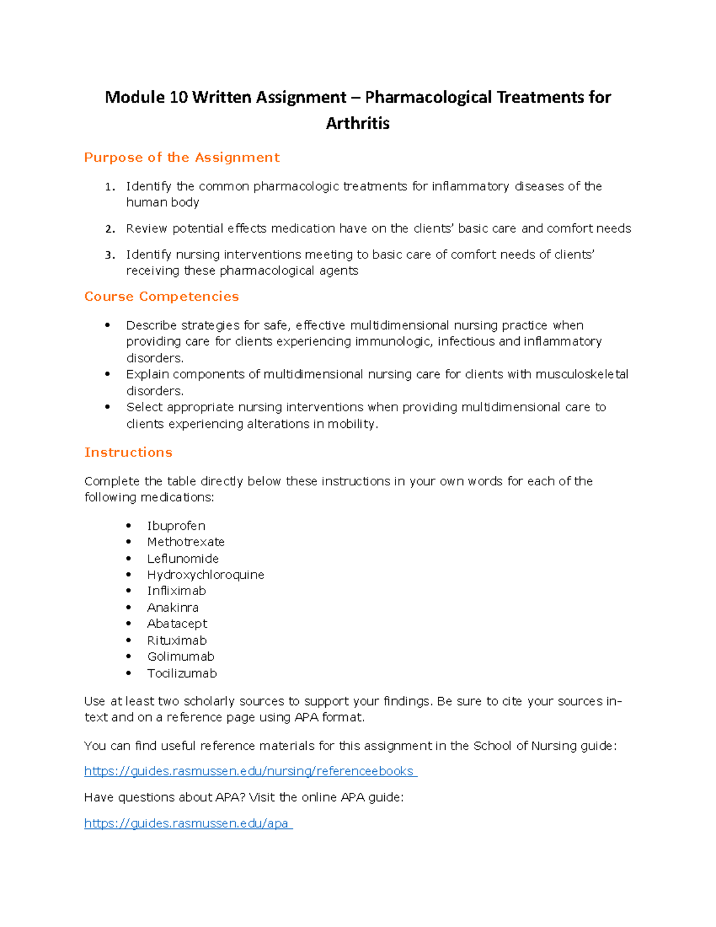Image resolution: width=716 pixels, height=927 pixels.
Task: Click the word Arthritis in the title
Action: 357,124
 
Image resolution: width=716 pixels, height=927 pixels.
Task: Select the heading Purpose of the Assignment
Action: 181,158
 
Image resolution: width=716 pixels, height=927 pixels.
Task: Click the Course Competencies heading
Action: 161,297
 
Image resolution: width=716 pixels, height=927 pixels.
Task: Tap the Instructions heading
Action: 128,452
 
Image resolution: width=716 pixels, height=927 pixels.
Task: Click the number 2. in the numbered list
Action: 110,229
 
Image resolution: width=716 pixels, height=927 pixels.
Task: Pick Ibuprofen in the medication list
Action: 176,526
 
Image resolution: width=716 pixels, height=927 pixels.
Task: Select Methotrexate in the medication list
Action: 186,542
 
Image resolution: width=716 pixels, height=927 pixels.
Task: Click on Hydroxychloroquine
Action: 205,575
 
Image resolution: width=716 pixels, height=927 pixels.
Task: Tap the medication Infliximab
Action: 176,591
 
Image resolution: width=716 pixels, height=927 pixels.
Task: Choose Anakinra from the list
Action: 172,608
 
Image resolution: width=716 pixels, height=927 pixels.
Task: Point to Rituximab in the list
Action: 177,640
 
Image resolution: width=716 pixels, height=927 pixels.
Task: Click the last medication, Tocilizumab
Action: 182,673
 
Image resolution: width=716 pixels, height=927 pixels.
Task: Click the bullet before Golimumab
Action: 129,657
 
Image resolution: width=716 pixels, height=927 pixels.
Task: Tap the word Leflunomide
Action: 183,559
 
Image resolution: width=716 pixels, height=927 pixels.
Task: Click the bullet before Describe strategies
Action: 108,325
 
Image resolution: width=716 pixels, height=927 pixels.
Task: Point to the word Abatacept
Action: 177,624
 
